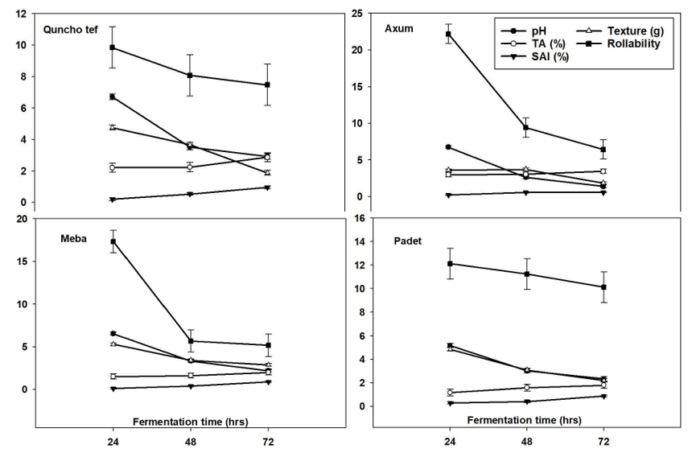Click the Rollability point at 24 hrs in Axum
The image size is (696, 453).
pos(447,34)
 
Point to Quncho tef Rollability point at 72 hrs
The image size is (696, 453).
pos(267,84)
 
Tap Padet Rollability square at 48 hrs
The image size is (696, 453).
pos(525,274)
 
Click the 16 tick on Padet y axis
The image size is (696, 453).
pos(360,218)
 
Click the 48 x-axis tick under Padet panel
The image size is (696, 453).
pos(525,442)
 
